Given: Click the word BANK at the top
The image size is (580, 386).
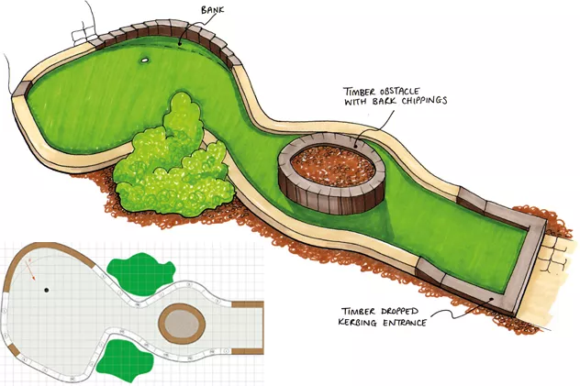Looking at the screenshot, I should point(211,10).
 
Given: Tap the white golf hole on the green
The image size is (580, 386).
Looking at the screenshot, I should point(145,61).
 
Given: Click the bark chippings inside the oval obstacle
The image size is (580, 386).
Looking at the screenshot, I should point(331,165).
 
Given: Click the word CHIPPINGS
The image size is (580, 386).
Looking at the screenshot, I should point(418,100).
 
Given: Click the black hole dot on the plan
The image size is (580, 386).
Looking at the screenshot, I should point(47,290).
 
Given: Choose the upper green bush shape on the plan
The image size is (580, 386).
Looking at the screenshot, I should point(141,270).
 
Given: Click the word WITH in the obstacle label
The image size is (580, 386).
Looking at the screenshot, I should point(356,100).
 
